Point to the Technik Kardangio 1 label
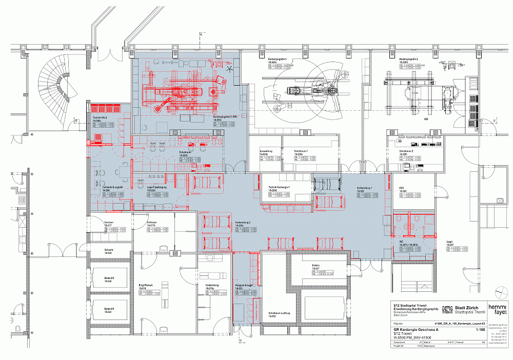(x=279, y=188)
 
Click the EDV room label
(x=402, y=188)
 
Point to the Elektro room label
(x=316, y=266)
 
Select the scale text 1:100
(x=480, y=330)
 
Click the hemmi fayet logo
(x=497, y=309)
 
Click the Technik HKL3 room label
(x=100, y=117)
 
